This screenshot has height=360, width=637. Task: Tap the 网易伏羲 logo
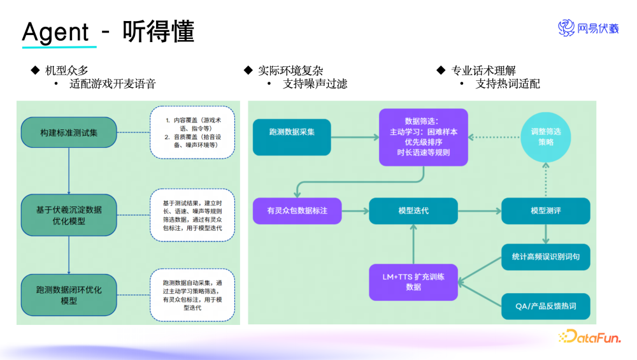(x=588, y=28)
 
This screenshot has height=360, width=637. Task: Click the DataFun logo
(x=589, y=336)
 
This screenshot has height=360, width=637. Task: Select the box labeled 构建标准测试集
(x=69, y=133)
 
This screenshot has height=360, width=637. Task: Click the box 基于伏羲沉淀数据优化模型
(x=69, y=215)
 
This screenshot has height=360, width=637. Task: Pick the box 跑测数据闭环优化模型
(x=69, y=294)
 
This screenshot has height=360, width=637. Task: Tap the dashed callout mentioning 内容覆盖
(x=192, y=132)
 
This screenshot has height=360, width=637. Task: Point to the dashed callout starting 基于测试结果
(x=192, y=215)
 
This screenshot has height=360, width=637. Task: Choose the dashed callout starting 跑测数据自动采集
(x=192, y=294)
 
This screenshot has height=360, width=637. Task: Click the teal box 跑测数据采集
(x=292, y=132)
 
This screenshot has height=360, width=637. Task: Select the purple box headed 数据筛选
(x=423, y=136)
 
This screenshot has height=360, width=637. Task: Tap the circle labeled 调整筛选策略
(x=546, y=136)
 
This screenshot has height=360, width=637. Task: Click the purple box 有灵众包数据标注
(x=297, y=210)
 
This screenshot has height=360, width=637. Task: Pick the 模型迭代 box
(x=413, y=210)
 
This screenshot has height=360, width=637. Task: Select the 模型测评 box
(x=545, y=210)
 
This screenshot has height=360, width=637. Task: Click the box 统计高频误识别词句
(x=545, y=257)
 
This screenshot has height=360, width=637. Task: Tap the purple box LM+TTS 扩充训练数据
(x=413, y=282)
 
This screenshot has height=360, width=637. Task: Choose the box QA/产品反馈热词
(x=545, y=306)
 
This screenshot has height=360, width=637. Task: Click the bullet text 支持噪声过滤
(x=315, y=83)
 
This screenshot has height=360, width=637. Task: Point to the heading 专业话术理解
(x=483, y=70)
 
